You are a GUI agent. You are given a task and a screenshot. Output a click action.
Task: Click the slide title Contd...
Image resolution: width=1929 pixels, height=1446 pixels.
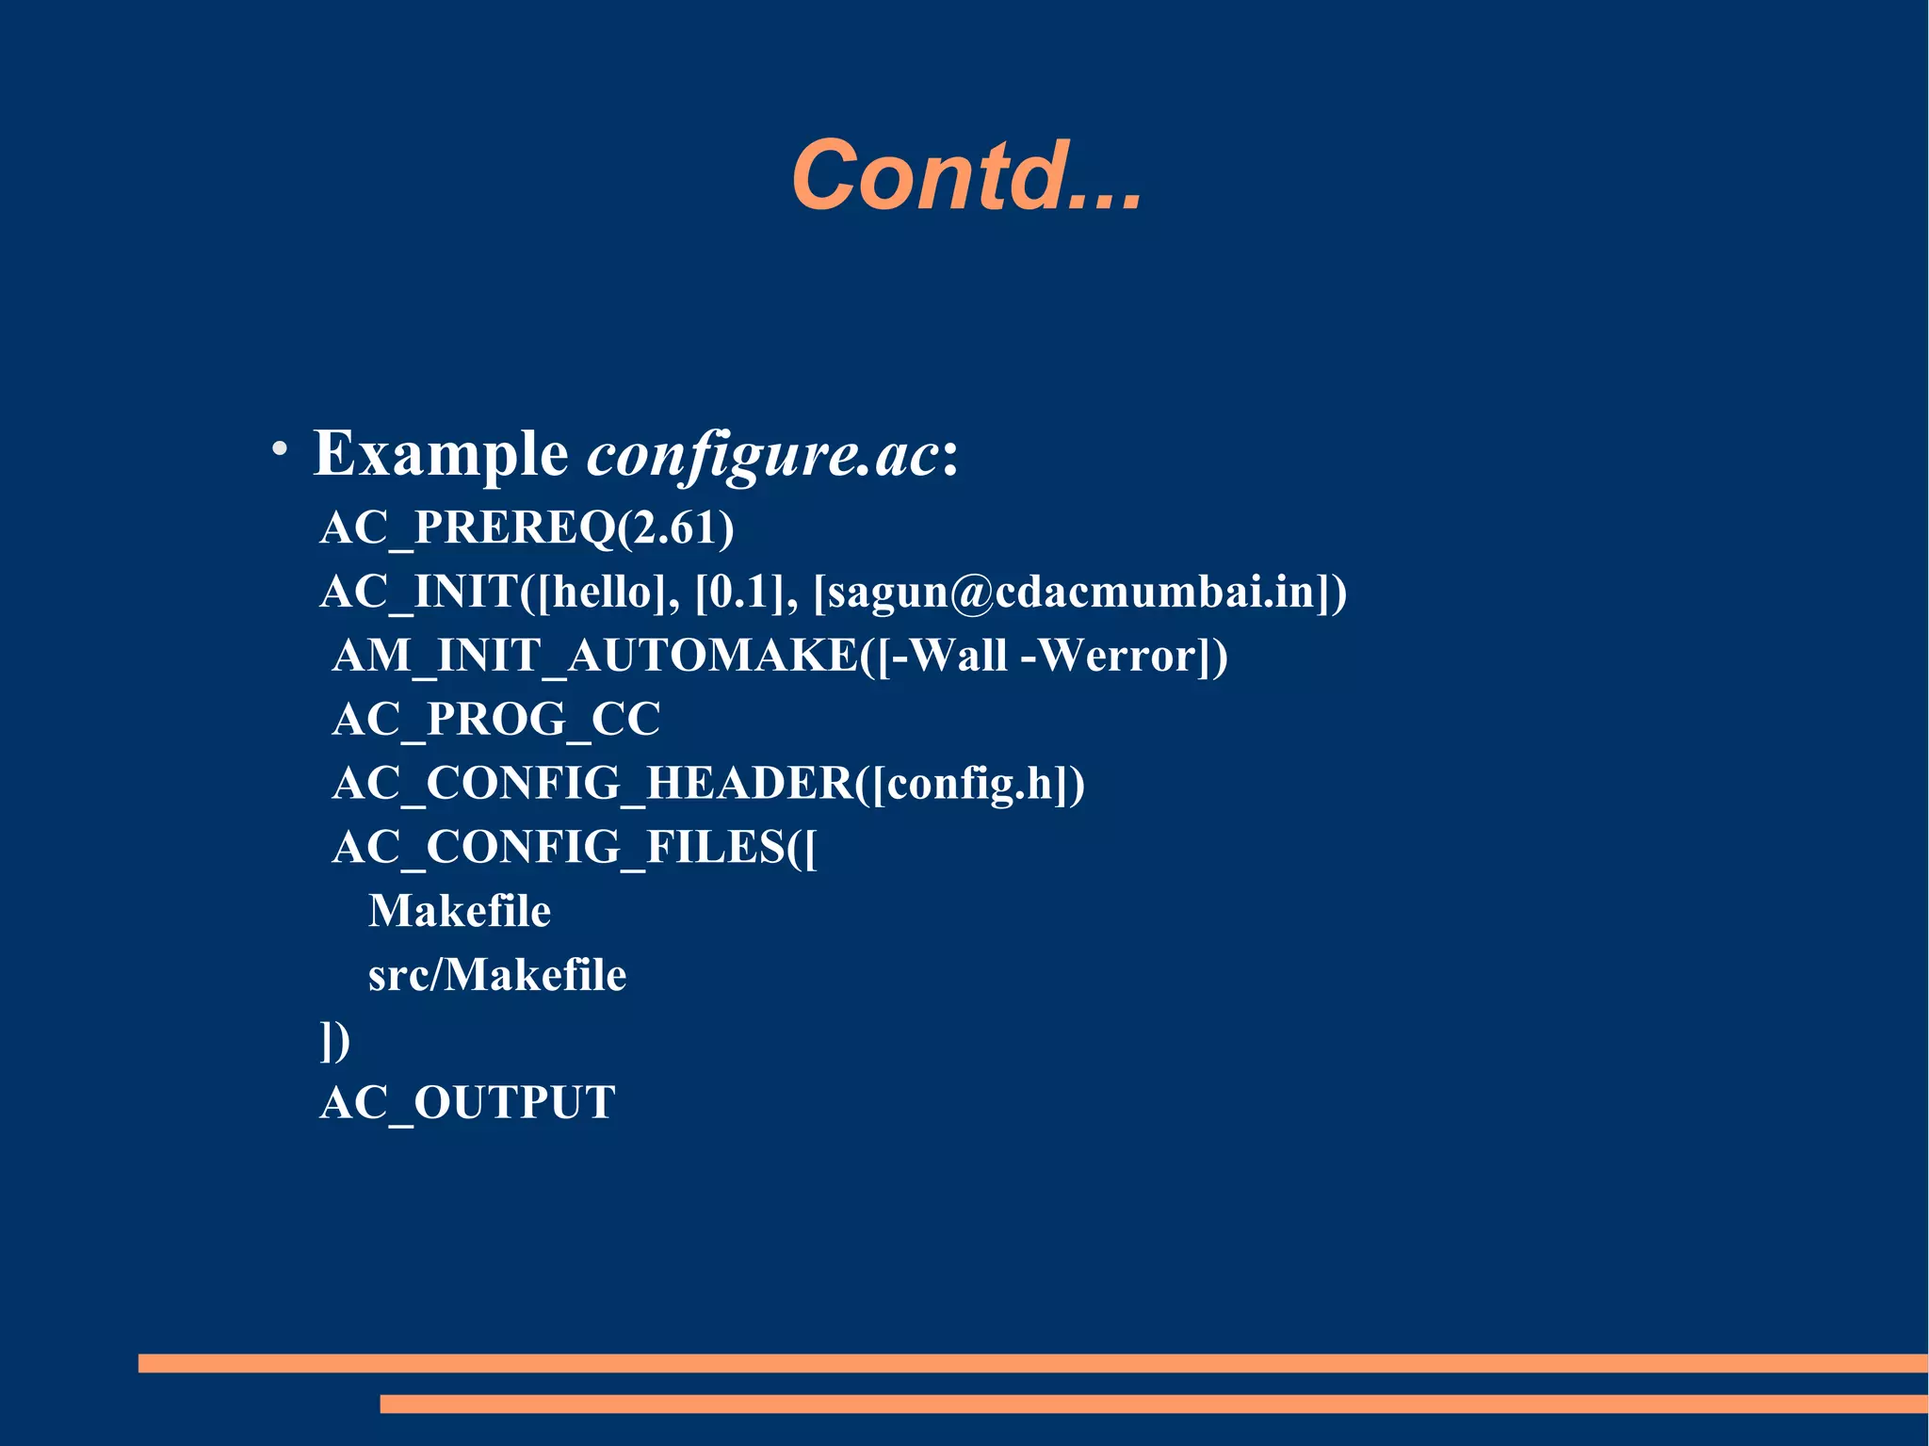point(966,175)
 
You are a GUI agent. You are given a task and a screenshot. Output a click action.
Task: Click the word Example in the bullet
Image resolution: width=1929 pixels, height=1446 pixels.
point(440,454)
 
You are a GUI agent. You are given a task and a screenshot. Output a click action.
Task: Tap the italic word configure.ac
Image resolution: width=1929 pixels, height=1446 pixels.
point(763,456)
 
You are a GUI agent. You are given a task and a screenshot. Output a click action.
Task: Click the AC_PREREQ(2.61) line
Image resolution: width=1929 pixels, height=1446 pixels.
point(527,528)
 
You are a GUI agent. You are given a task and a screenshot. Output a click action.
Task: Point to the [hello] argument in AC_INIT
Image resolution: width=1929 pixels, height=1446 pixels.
point(602,592)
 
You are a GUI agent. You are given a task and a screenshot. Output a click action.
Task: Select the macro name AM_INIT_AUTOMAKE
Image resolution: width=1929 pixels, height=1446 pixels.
point(594,656)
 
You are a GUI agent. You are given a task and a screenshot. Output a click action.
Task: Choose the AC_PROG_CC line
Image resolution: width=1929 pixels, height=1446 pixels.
point(496,720)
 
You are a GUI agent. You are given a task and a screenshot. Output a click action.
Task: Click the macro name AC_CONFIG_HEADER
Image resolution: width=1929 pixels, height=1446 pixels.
point(592,784)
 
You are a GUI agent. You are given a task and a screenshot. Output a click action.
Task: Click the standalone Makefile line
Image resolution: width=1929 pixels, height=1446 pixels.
point(460,911)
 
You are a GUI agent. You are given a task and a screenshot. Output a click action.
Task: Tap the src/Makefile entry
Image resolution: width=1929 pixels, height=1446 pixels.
point(497,975)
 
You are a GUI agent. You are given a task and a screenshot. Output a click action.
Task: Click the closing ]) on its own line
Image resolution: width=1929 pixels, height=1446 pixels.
point(335,1040)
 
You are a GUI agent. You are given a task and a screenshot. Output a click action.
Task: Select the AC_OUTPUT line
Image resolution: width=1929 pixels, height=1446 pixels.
point(468,1102)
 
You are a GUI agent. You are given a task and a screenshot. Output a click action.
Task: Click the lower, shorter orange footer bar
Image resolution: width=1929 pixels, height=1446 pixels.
point(1153,1404)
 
